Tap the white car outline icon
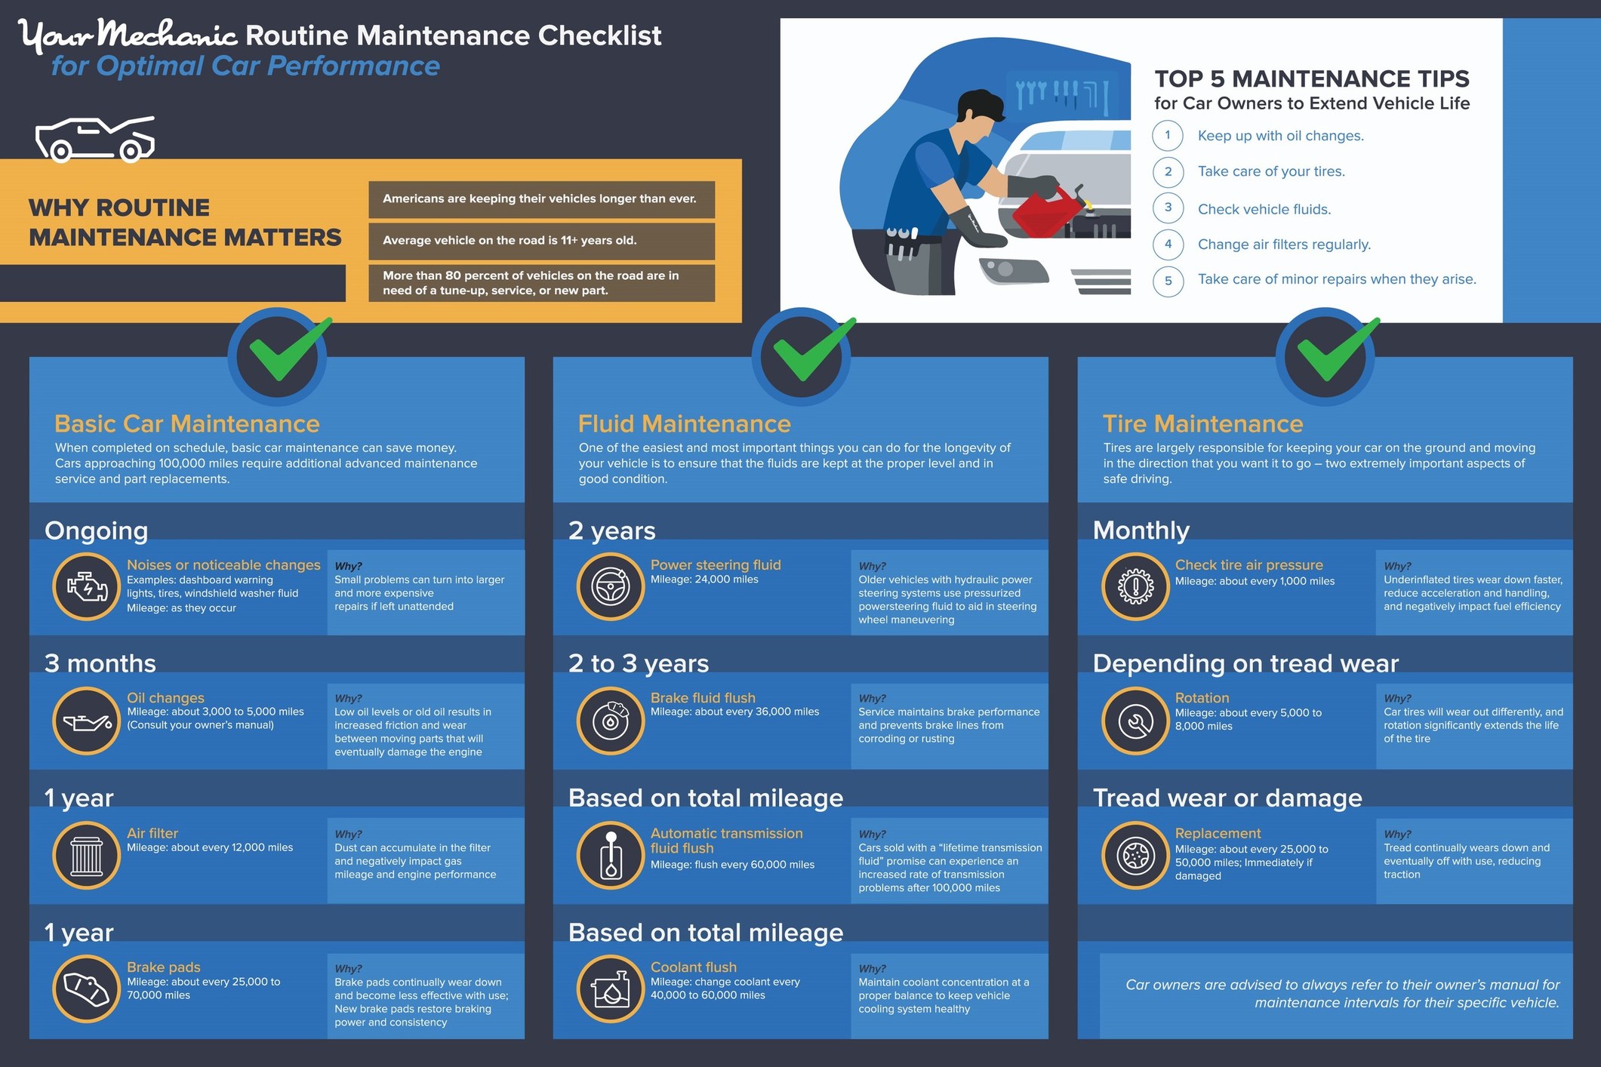tap(95, 140)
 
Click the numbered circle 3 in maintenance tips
tap(1168, 208)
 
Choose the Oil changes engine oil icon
tap(87, 721)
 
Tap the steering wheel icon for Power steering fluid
tap(610, 587)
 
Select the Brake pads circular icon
tap(87, 989)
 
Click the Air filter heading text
tap(152, 833)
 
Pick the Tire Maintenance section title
tap(1202, 423)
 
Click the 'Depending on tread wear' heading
tap(1245, 663)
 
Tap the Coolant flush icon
tap(610, 989)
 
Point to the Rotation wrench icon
tap(1135, 721)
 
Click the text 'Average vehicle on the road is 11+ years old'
tap(510, 241)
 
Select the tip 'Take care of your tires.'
tap(1271, 171)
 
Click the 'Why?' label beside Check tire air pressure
tap(1397, 566)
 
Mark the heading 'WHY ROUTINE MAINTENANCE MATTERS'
tap(184, 223)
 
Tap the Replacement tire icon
tap(1135, 855)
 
